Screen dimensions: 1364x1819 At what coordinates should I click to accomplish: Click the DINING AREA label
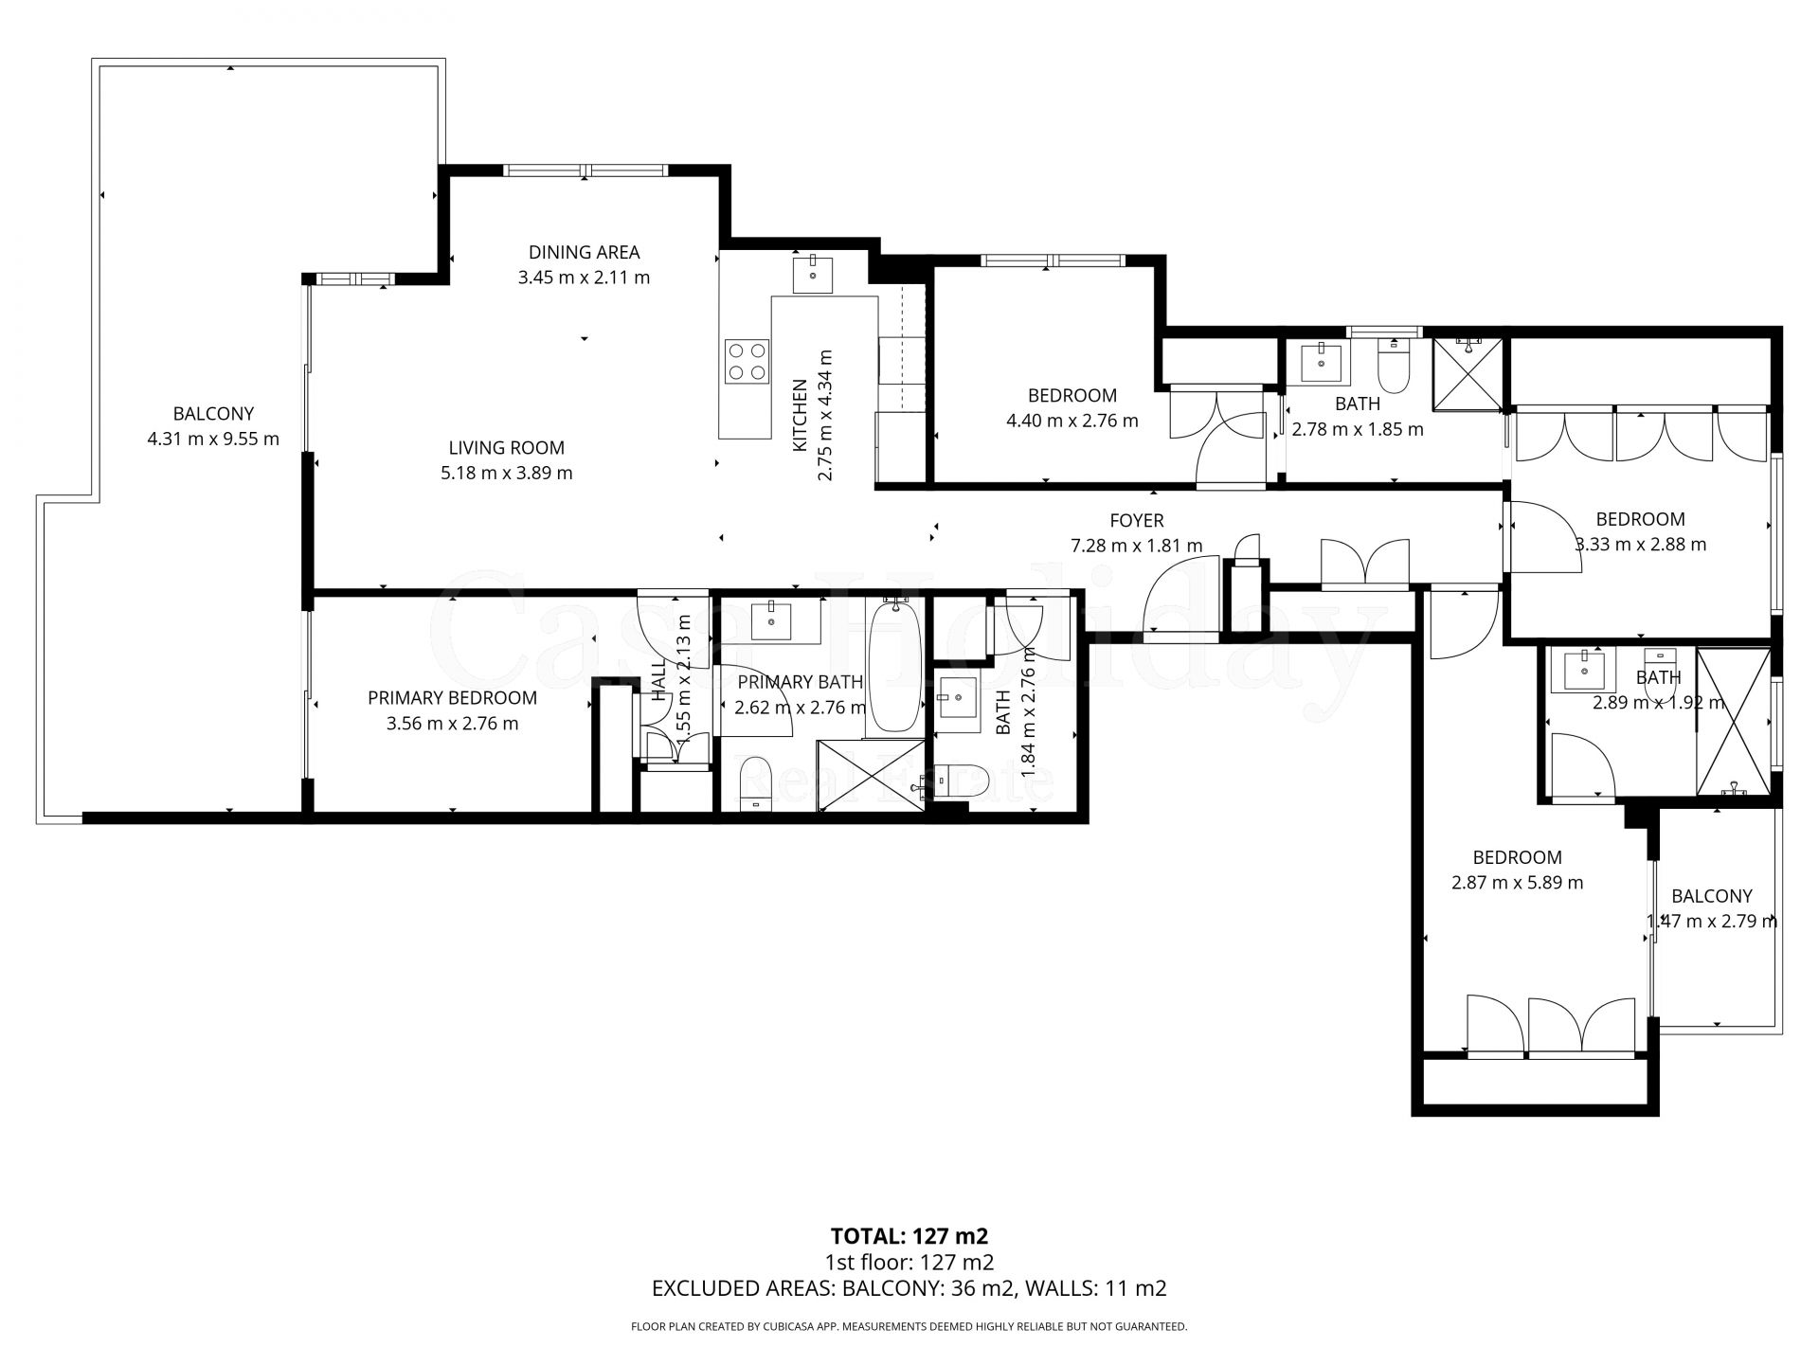584,252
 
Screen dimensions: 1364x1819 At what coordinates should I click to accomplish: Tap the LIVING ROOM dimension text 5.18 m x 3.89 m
506,473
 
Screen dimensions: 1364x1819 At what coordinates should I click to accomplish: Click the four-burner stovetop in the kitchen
746,362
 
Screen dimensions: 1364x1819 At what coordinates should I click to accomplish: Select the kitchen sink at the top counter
813,274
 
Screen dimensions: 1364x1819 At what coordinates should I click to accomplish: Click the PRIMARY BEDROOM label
452,698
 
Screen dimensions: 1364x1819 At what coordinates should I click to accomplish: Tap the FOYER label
1136,520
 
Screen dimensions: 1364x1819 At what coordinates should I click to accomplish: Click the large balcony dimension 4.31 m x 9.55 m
213,440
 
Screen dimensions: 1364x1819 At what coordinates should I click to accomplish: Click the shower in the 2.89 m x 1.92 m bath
1733,721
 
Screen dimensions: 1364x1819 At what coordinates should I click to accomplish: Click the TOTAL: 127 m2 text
909,1236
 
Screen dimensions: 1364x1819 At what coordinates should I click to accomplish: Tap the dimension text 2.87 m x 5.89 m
1517,883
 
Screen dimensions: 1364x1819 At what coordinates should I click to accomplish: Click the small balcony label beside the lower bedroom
1711,896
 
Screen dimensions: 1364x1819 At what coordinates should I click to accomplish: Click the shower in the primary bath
870,776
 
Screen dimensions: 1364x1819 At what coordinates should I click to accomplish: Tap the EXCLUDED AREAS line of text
909,1288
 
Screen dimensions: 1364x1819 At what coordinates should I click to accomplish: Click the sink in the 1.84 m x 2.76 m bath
957,700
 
